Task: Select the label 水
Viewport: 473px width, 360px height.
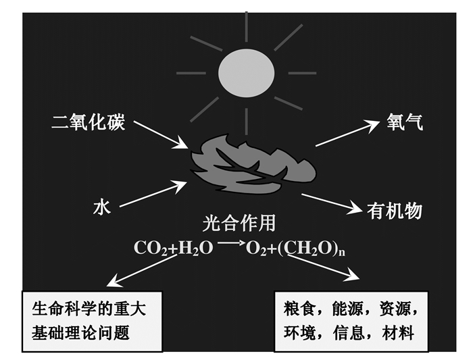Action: [101, 208]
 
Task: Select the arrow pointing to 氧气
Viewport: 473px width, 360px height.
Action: [347, 133]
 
